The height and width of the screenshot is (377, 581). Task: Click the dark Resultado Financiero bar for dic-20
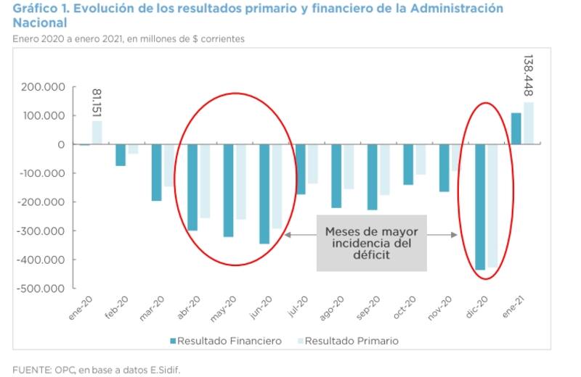point(480,207)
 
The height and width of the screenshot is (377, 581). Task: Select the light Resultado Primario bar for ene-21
point(528,123)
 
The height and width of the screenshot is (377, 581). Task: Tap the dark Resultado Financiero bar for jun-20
point(264,194)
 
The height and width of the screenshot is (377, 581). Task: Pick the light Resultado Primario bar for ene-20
point(97,133)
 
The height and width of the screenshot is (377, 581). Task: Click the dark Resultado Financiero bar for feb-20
point(121,155)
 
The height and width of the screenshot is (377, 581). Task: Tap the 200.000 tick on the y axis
point(44,87)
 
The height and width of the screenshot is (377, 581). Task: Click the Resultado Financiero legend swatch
point(173,341)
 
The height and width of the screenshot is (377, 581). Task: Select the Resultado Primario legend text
point(352,341)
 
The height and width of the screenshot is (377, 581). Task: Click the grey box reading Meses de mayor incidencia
point(370,243)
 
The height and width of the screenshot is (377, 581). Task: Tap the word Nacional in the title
point(40,23)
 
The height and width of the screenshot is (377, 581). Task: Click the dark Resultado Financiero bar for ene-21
point(516,128)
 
